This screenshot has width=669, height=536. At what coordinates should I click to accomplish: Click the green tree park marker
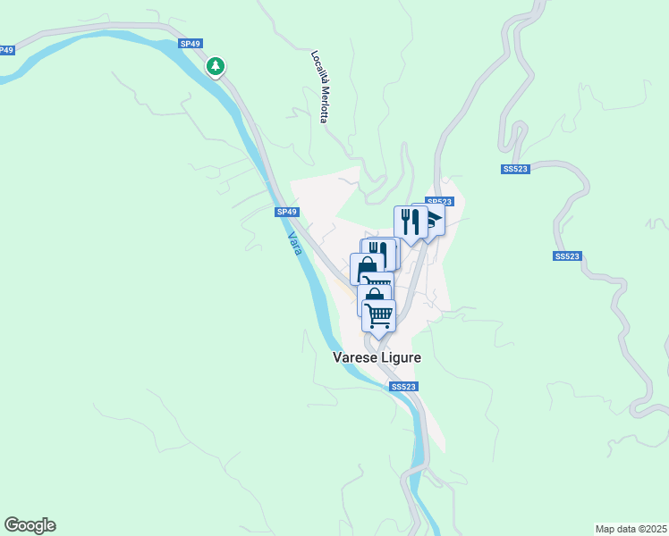coord(216,65)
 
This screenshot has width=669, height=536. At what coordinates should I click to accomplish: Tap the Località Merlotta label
coord(320,86)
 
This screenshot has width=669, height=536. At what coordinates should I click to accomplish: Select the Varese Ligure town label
coord(377,357)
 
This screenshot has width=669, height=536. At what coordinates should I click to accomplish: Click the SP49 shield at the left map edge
coord(5,50)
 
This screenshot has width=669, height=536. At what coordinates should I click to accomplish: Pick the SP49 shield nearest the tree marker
coord(191,43)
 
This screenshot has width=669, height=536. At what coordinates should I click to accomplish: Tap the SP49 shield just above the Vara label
coord(286,212)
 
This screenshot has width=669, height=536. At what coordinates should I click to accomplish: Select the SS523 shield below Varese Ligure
coord(403,386)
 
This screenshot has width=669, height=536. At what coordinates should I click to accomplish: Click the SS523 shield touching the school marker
coord(439,202)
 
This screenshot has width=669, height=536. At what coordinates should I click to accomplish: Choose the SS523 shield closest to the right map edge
coord(568,256)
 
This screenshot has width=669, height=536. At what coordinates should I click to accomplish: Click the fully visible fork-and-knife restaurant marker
coord(410,222)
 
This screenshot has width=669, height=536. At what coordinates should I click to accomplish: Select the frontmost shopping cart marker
coord(379,314)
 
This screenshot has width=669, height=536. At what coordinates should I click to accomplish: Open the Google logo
coord(30,525)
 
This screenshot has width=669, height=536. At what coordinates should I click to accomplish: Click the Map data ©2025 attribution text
coord(631,529)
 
